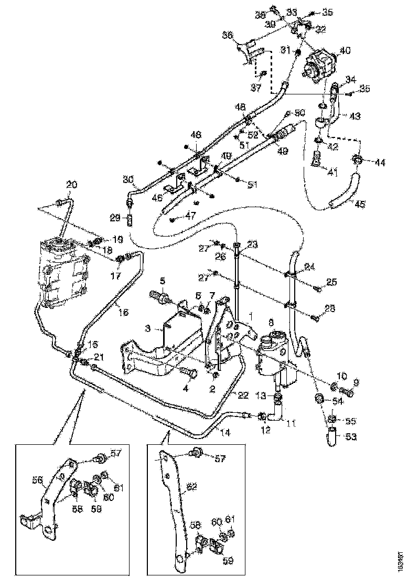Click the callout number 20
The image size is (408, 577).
[71, 184]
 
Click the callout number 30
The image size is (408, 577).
[127, 179]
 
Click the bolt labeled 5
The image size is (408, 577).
[159, 297]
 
